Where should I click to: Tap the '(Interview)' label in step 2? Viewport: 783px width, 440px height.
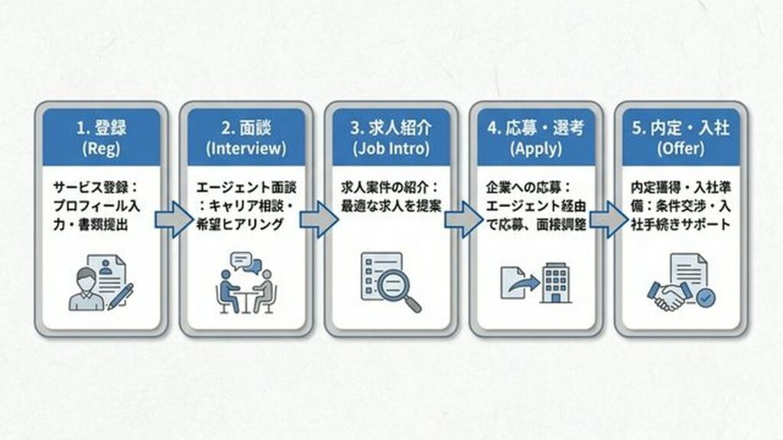coord(245,148)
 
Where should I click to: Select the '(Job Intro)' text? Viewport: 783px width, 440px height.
coord(391,148)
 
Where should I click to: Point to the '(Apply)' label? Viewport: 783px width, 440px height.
coord(535,148)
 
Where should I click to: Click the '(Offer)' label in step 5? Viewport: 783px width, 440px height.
coord(681,148)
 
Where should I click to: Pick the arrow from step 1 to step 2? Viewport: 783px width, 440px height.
coord(172,220)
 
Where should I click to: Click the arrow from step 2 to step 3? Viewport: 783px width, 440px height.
coord(317,220)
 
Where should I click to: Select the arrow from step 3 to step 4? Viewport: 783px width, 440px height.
coord(463,220)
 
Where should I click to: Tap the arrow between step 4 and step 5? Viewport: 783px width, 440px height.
coord(608,220)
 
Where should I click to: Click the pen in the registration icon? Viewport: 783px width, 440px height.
coord(122,294)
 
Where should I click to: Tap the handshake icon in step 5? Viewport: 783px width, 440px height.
coord(668,294)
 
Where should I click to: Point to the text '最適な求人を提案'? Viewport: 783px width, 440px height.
coord(391,205)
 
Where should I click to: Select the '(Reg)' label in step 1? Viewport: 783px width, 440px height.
coord(100,148)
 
